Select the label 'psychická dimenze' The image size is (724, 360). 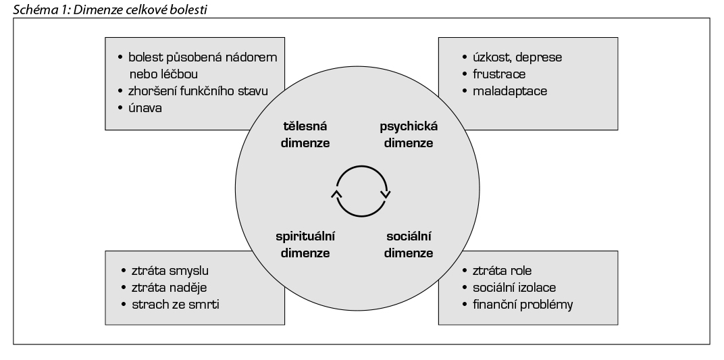404,134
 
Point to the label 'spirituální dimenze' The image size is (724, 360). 306,245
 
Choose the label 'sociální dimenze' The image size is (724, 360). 409,245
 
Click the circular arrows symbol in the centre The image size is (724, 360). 361,189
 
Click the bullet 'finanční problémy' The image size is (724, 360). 523,305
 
